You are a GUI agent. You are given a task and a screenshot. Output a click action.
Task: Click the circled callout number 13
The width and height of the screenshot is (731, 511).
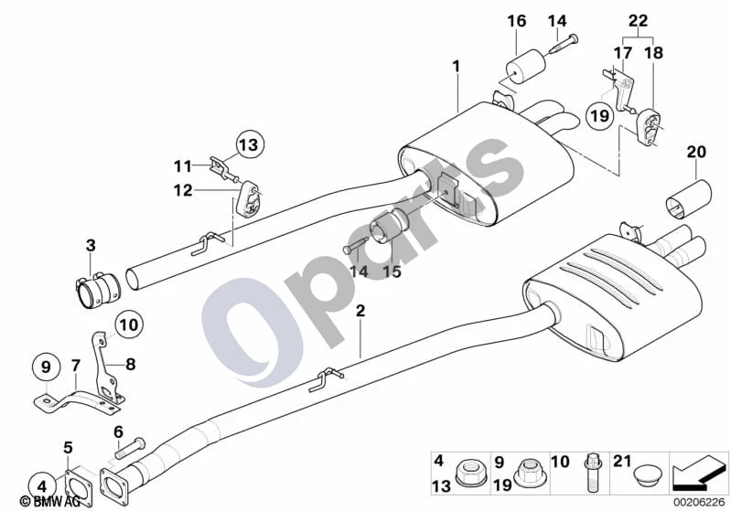pos(250,144)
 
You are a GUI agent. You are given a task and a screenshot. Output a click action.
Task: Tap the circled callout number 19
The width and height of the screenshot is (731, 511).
pos(600,114)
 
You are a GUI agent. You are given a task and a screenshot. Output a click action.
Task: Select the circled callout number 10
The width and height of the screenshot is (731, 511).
pos(129,325)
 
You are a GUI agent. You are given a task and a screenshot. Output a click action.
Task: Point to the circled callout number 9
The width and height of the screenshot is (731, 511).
pos(46,367)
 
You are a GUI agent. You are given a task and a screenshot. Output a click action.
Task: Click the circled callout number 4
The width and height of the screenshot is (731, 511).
pos(42,487)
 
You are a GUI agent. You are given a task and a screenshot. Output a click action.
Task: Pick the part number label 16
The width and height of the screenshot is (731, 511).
pos(516,21)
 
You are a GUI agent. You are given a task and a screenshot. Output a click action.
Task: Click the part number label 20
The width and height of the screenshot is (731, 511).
pos(696,152)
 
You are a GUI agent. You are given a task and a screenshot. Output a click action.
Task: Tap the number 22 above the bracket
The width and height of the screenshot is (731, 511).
pos(639,20)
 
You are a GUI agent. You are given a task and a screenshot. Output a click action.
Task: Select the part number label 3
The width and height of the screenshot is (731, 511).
pos(91,245)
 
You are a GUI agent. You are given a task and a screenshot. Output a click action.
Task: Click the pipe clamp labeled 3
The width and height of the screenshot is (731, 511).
pos(98,290)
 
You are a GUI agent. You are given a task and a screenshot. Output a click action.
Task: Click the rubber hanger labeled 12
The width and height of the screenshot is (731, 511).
pos(248,198)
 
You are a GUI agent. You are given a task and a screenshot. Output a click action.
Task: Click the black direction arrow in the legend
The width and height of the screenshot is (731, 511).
pos(698,472)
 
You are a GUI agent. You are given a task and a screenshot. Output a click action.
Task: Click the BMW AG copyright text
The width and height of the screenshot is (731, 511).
pos(50,501)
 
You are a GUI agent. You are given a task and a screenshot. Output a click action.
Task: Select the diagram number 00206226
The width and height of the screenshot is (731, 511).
pos(698,502)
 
